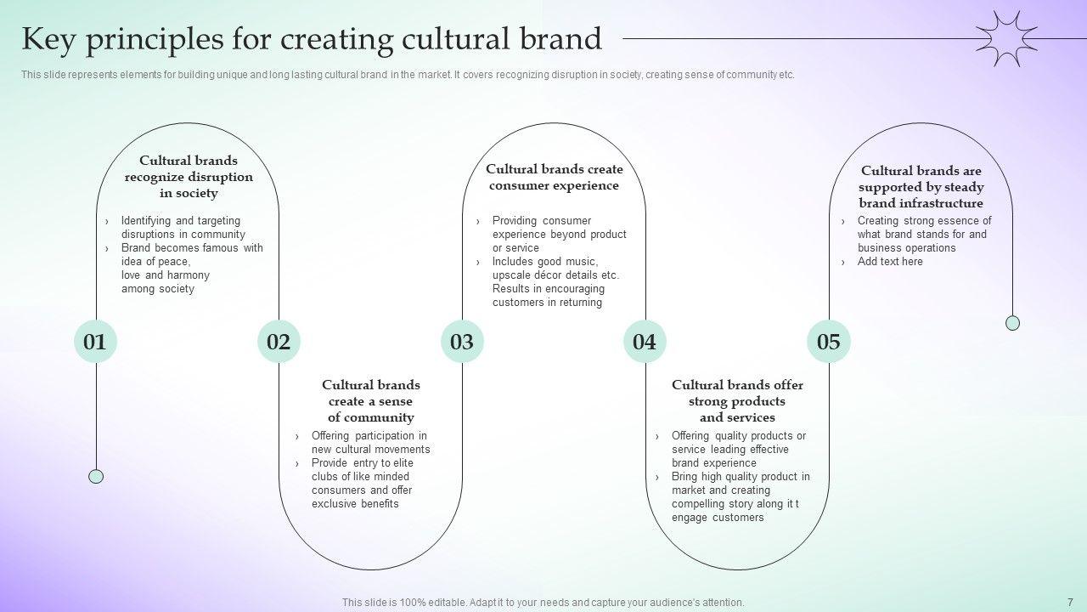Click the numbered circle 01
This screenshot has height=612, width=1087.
pos(95,342)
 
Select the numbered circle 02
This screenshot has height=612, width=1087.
pos(279,342)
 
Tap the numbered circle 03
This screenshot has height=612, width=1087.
pos(462,342)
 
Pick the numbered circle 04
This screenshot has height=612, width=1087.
pos(645,342)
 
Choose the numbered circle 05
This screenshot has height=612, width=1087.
pos(828,342)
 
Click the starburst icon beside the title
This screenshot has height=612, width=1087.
pos(1007,38)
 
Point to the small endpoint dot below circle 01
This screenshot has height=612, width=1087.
pos(96,476)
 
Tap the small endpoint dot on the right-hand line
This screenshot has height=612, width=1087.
pos(1012,323)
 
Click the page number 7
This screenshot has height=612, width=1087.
pos(1069,602)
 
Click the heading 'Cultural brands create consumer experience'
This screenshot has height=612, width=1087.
pos(554,178)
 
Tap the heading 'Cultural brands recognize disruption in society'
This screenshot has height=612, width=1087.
pos(189,177)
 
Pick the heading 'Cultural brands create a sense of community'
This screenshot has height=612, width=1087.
pos(370,401)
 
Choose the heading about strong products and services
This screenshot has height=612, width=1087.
pos(737,401)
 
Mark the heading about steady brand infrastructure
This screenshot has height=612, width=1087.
pos(921,187)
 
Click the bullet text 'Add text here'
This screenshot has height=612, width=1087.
pos(890,262)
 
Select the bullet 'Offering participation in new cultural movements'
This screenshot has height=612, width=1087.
pos(370,442)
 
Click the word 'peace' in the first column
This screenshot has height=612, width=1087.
pos(172,262)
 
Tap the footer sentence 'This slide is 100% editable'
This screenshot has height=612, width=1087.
pos(543,602)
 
